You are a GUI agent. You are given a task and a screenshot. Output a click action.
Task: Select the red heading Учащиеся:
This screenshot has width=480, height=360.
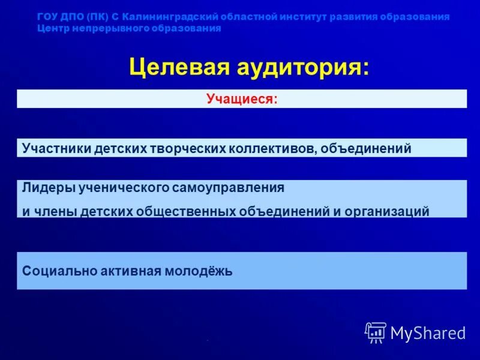[x=242, y=99]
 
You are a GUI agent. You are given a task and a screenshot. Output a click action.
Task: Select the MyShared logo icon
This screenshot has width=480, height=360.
[x=376, y=332]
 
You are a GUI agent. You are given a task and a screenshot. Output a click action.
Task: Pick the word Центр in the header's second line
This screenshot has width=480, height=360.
[x=52, y=28]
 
